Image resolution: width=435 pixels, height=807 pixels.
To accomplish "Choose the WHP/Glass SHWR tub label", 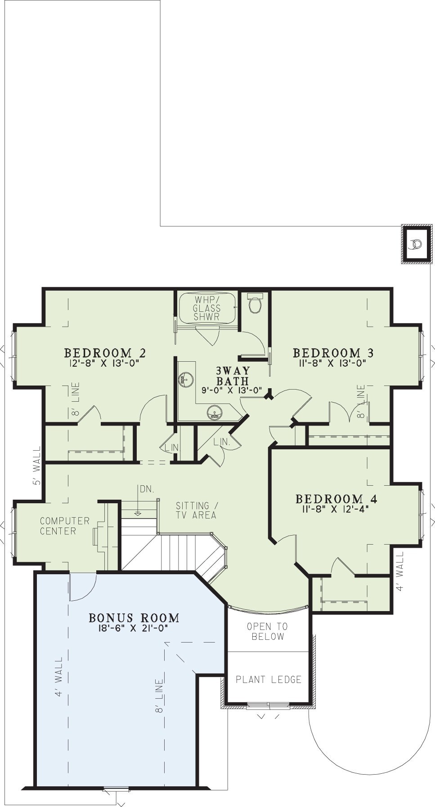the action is (207, 308).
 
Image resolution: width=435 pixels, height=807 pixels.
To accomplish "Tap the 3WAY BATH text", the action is (233, 376).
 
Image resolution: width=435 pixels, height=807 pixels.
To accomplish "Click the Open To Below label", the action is (268, 631).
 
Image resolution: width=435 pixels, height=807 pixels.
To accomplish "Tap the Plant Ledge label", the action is (269, 679).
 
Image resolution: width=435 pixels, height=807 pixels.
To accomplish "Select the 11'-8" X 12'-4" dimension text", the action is (336, 510).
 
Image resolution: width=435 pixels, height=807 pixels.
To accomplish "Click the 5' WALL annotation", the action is (37, 466).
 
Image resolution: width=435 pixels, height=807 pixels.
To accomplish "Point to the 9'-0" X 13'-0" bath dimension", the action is (232, 390).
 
